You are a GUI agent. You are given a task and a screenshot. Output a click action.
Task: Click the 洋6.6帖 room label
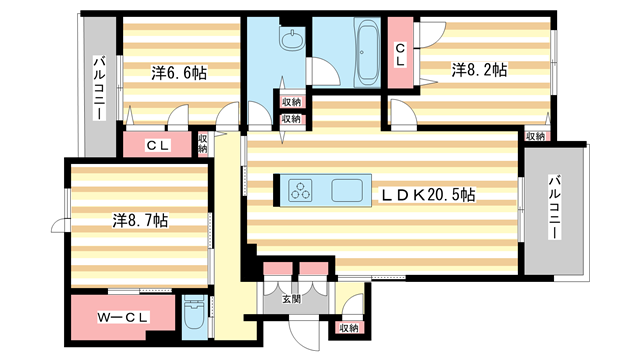point(179,73)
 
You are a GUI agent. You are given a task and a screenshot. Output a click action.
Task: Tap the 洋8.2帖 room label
point(478,70)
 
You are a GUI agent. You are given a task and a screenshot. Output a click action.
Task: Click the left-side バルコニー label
point(100,89)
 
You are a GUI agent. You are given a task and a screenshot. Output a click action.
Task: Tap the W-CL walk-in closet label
point(124,318)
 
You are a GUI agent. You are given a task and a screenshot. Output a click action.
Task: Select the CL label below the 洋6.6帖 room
point(158,145)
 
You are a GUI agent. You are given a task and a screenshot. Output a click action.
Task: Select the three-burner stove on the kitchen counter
point(301,190)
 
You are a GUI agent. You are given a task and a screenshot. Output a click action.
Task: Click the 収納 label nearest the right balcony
point(535,136)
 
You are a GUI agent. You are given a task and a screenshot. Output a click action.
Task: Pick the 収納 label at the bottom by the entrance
point(348,328)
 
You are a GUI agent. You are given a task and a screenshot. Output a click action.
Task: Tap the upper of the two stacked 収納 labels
point(290,102)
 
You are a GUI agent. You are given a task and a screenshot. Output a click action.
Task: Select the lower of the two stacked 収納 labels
point(290,118)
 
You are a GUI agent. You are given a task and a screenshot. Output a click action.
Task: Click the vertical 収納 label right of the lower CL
point(203,144)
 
